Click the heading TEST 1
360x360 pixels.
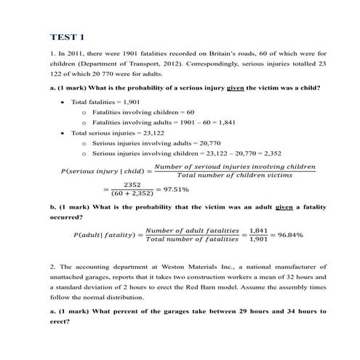pyautogui.click(x=68, y=36)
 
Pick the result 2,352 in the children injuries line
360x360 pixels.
pyautogui.click(x=270, y=153)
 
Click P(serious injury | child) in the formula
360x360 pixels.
pyautogui.click(x=104, y=172)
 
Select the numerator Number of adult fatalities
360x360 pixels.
pyautogui.click(x=192, y=230)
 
